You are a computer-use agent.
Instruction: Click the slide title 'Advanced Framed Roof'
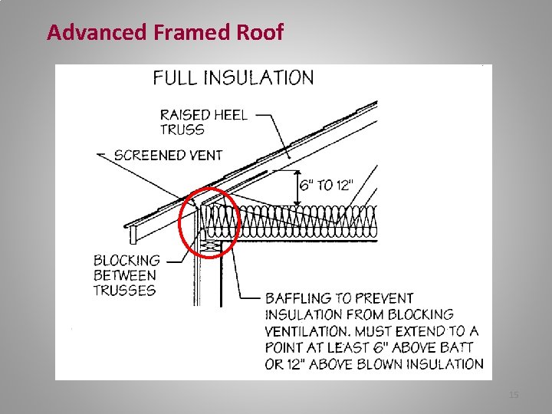tap(165, 32)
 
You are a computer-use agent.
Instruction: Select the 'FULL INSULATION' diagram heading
tap(233, 77)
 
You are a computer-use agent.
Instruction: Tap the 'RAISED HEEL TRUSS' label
tap(203, 122)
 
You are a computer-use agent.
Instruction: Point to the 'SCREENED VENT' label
tap(168, 155)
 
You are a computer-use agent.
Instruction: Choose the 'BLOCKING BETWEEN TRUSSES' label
tap(127, 275)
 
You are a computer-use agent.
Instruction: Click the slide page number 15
tap(514, 394)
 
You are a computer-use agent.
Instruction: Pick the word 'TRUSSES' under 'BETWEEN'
tap(124, 290)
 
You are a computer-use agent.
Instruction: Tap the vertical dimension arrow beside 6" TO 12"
tap(299, 186)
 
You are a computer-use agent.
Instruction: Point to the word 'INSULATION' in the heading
tap(266, 77)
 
